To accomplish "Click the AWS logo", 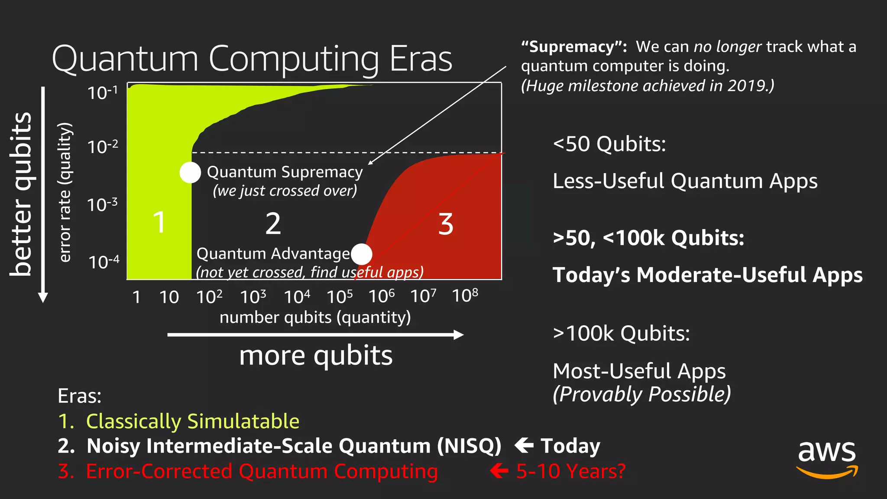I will pos(827,459).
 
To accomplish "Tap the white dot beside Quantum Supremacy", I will pos(190,172).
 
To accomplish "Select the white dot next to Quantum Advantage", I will pos(362,254).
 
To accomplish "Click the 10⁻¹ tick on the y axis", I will pos(103,93).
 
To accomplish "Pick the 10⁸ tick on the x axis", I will pos(465,296).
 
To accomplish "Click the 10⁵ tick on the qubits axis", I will pos(340,297).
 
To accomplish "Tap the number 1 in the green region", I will pos(159,223).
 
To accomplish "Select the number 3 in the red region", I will pos(445,224).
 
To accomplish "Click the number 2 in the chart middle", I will pos(273,224).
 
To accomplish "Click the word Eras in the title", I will pos(421,59).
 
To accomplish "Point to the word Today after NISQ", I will pos(570,446).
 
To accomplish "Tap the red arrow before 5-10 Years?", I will pos(499,470).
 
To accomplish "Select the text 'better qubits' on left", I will pos(21,194).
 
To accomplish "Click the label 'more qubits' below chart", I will pos(316,356).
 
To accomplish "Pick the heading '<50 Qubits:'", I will pos(609,144).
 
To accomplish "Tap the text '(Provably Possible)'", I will pos(641,394).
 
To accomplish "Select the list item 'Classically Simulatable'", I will pos(193,421).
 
